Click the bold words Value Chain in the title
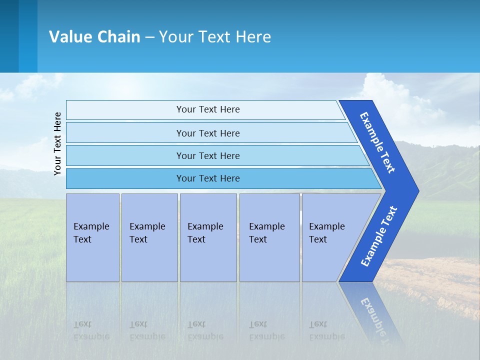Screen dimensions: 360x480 94,37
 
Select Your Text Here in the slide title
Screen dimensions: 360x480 215,37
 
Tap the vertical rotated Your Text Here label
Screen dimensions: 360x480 57,143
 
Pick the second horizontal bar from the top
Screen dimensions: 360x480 207,133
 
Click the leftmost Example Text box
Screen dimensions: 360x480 92,237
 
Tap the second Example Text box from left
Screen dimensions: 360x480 149,237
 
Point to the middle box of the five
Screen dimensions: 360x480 208,237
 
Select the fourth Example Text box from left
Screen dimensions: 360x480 269,237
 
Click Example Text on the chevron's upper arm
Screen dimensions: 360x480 377,142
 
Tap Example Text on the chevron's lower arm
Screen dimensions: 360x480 378,236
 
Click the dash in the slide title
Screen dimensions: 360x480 149,37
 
